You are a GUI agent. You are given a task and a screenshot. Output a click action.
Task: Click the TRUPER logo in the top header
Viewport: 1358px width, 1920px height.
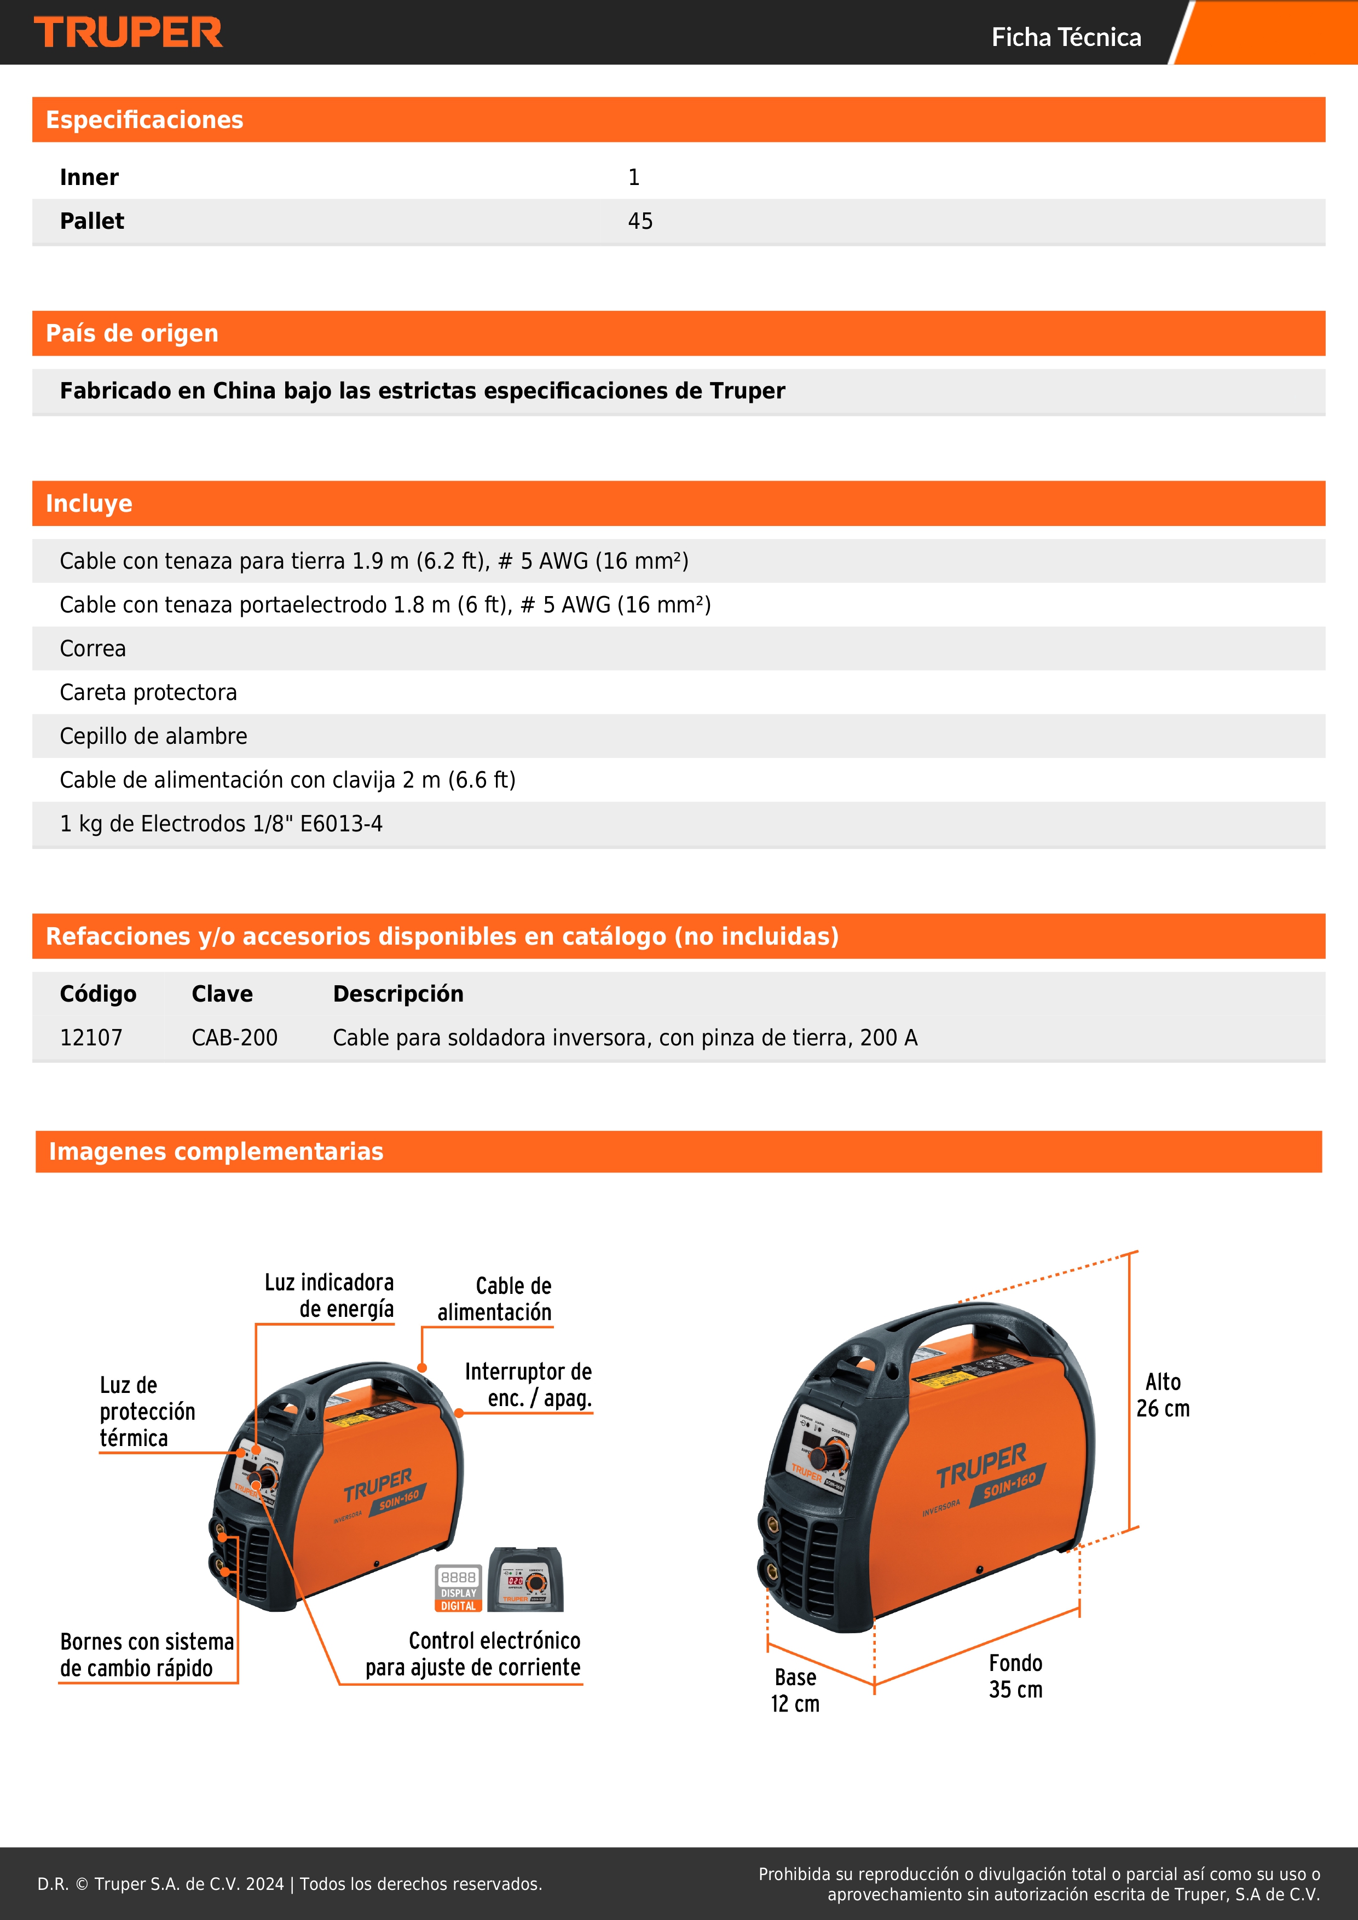click(128, 33)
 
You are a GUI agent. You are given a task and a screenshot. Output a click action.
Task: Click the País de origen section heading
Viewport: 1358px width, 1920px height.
click(132, 334)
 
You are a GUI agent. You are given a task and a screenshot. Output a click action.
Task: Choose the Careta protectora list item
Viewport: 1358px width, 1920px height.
click(148, 692)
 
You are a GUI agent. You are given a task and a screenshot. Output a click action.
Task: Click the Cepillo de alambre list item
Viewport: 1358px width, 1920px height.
click(153, 736)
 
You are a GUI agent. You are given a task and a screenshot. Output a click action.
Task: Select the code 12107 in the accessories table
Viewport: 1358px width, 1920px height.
click(91, 1038)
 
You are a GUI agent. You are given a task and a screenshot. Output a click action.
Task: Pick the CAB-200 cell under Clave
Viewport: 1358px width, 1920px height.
click(234, 1038)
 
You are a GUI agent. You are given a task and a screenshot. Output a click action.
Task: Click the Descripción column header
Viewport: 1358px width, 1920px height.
click(398, 993)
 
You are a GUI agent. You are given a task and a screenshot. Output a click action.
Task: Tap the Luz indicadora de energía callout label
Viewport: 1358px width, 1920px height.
click(330, 1296)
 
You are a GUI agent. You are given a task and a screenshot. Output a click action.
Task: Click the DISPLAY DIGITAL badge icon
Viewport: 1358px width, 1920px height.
click(458, 1588)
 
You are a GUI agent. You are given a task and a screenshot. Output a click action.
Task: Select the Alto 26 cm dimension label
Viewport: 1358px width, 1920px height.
click(1163, 1395)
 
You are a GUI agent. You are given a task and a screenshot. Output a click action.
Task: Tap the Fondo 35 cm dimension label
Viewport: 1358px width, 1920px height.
click(1015, 1676)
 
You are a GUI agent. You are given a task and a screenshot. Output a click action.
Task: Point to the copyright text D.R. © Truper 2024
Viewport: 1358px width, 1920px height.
click(290, 1884)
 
